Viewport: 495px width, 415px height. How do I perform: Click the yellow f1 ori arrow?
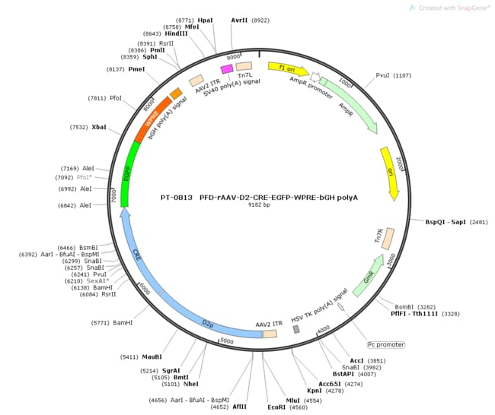tap(288, 69)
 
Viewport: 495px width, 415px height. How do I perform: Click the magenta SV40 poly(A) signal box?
tap(226, 69)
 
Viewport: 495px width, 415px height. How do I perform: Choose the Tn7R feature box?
tap(387, 239)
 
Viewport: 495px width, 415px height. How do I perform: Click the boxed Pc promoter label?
tap(384, 344)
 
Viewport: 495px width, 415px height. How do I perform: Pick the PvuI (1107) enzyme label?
tap(393, 75)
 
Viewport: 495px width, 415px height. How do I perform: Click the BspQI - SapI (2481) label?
tap(455, 222)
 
